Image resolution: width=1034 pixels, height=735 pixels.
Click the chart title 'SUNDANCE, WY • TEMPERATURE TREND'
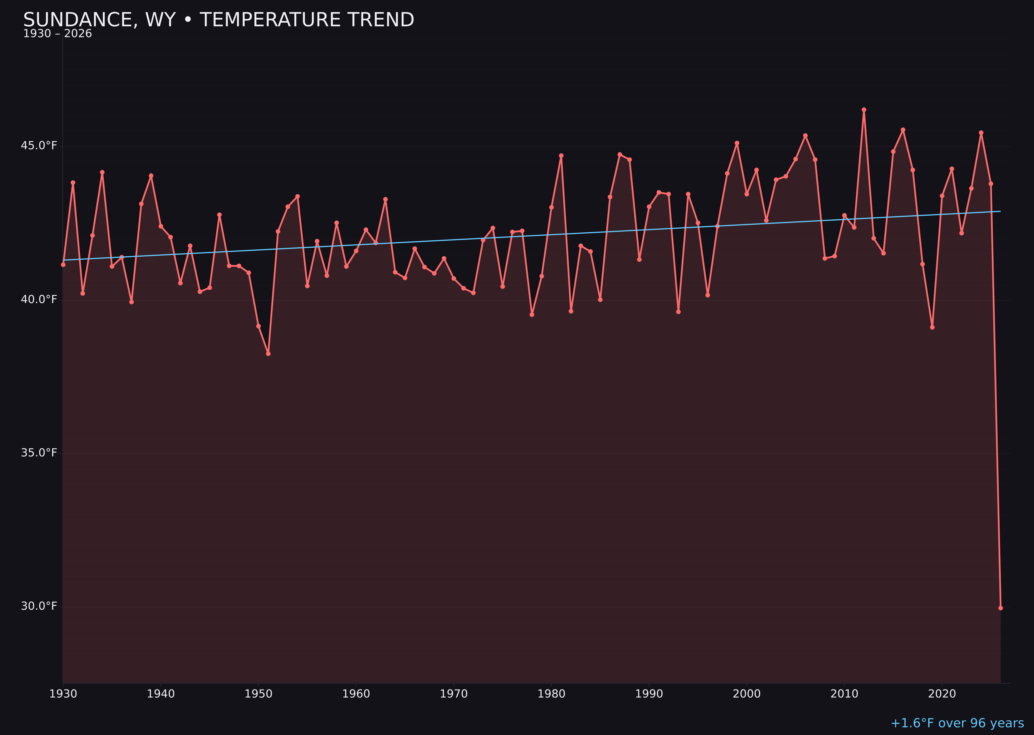(219, 20)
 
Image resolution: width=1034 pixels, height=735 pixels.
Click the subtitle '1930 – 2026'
(57, 34)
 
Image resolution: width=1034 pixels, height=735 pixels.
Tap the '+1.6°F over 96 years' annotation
(957, 723)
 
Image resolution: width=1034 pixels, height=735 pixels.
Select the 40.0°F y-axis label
(39, 300)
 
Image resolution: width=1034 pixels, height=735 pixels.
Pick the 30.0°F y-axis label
(39, 606)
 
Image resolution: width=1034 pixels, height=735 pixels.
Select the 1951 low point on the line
(268, 354)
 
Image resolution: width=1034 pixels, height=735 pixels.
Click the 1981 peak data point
(561, 156)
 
